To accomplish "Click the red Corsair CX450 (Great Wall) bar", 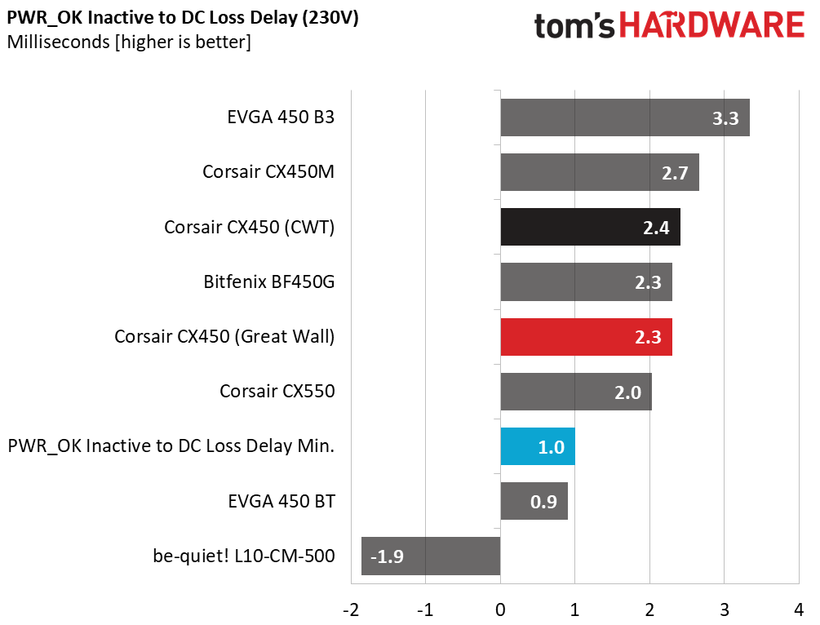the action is tap(586, 337).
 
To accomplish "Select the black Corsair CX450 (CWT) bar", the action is tap(591, 227).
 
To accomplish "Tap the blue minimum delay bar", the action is tap(538, 446).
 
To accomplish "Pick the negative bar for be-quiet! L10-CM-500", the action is tap(431, 556).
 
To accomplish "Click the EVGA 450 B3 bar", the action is tap(625, 117).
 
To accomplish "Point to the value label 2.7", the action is tap(675, 173).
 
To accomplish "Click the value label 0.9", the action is tap(543, 502).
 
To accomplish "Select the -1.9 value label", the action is tap(387, 556).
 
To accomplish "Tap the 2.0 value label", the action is tap(627, 392).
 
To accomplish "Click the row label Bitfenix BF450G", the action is tap(268, 282).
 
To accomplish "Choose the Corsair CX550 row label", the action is tap(277, 391).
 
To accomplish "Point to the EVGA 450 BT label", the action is tap(281, 501).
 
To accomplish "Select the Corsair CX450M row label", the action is tap(268, 172).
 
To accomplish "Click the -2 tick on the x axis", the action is tap(351, 609).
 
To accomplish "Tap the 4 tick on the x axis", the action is tap(799, 609).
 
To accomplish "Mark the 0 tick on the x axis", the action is tap(500, 609).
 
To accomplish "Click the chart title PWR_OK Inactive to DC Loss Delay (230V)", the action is tap(183, 18).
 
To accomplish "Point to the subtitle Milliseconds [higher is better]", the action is tap(129, 42).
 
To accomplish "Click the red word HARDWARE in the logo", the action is tap(711, 25).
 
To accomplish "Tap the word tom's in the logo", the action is tap(574, 26).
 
